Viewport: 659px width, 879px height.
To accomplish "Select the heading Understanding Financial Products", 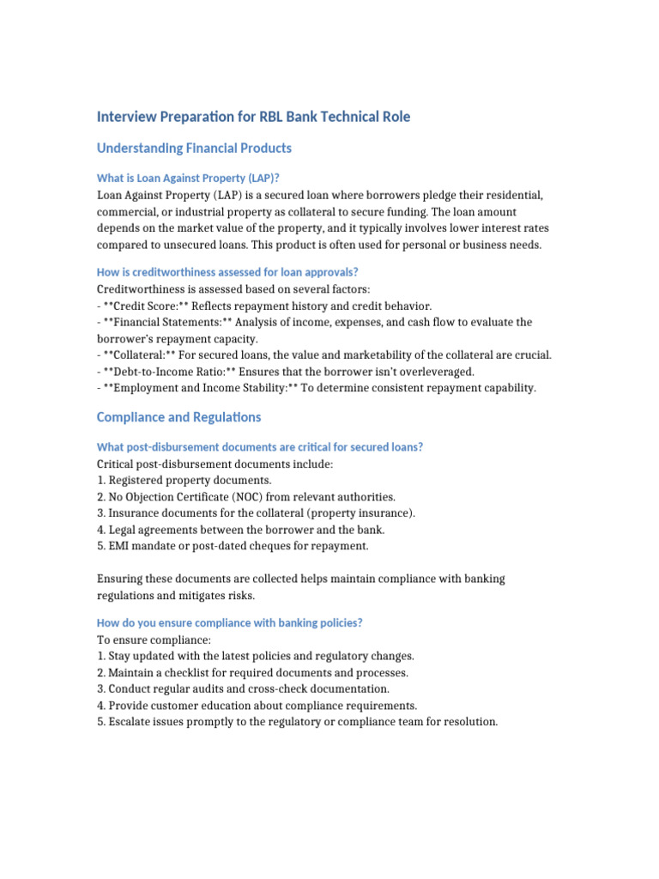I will (194, 149).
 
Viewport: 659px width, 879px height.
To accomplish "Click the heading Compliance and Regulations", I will (178, 417).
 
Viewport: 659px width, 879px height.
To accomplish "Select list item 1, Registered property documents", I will (184, 480).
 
